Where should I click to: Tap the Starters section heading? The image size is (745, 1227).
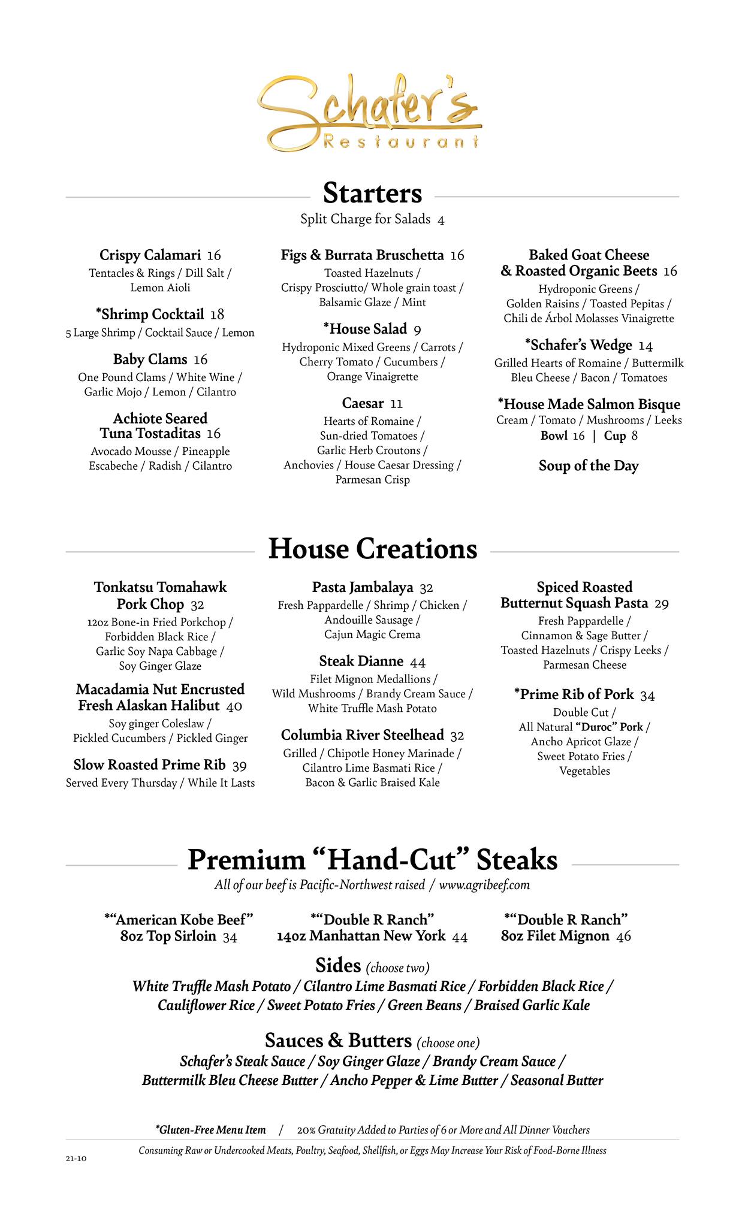pos(372,194)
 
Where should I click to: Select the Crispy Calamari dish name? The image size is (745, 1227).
pos(150,255)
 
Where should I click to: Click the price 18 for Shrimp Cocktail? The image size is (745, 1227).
pos(217,315)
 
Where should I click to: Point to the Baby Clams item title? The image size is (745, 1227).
pos(150,359)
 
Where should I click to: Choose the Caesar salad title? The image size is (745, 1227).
pos(363,403)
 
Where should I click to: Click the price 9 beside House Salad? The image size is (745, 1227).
pos(417,330)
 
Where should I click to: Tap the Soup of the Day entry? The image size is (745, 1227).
pos(589,466)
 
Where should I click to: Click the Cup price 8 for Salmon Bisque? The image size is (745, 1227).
pos(634,436)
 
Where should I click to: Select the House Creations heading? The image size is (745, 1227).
pos(372,549)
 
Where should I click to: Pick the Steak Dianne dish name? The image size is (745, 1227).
pos(361,661)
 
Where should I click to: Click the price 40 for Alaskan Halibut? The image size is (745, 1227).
pos(234,706)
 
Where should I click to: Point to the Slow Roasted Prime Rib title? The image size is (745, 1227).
pos(149,765)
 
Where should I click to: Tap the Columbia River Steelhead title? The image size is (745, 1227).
pos(363,735)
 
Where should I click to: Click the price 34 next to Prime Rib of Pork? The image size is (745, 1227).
pos(647,696)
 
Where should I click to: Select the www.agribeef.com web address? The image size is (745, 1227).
pos(484,885)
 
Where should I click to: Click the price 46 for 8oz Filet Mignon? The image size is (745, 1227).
pos(623,936)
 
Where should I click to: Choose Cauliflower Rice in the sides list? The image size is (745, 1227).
pos(206,1005)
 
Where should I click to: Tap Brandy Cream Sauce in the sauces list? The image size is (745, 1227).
pos(494,1062)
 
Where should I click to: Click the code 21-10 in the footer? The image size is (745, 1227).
pos(76,1159)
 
